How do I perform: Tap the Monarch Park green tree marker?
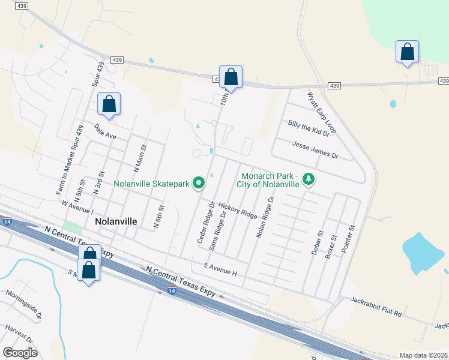point(309,179)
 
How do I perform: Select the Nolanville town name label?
point(116,221)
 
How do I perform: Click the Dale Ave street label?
point(105,131)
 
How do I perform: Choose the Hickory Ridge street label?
point(238,210)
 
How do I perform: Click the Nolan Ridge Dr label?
point(265,217)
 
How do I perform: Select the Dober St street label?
point(318,243)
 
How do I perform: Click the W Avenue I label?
point(78,207)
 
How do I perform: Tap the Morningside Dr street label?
point(23,304)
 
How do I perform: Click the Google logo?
point(20,353)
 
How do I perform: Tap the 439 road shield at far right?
point(444,80)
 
